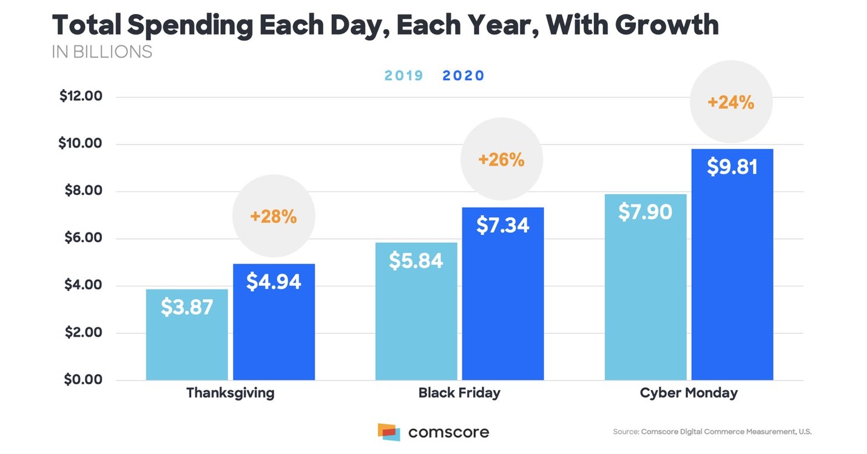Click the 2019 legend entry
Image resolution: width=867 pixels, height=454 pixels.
point(403,76)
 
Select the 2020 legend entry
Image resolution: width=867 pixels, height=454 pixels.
point(464,76)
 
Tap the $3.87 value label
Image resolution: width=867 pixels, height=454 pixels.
point(187,307)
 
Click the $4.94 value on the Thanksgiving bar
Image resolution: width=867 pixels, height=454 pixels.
point(274,282)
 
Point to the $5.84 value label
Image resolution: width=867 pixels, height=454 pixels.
point(416,260)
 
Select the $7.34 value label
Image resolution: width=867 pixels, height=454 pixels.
point(502,225)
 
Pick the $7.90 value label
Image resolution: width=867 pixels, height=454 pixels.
point(645,212)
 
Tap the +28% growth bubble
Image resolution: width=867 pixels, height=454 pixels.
point(274,215)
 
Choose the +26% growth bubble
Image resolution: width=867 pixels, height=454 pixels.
point(501,159)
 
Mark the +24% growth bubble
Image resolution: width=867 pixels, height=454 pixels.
point(731,102)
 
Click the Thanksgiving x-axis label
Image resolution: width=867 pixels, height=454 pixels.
point(230,393)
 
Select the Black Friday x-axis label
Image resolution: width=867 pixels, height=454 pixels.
point(459,393)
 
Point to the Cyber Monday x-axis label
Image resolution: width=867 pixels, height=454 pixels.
point(689,393)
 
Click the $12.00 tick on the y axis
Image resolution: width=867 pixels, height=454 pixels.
point(81,97)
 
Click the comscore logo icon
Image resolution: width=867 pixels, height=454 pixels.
point(389,432)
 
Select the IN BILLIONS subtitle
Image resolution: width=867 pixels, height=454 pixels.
point(102,52)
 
